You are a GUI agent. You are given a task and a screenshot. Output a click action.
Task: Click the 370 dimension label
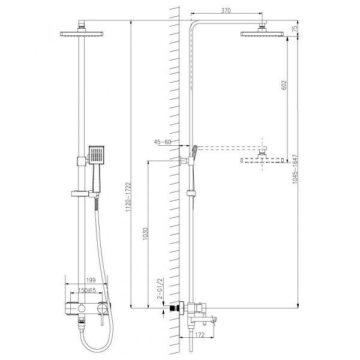pos(226,11)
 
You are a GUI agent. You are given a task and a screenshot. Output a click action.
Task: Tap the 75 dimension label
pos(295,28)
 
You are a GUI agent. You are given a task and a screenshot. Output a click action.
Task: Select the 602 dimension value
pos(284,85)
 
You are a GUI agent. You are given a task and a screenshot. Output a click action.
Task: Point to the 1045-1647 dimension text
pos(295,169)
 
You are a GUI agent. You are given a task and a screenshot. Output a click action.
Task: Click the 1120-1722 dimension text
pos(128,197)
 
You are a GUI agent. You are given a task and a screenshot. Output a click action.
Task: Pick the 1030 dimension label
pos(145,234)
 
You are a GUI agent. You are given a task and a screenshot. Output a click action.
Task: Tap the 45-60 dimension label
pos(163,142)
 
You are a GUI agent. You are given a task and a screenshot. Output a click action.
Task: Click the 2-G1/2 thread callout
pos(160,288)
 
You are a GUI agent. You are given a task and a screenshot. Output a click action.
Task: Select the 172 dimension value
pos(200,335)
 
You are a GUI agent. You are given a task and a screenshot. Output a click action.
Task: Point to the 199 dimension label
pos(91,280)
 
